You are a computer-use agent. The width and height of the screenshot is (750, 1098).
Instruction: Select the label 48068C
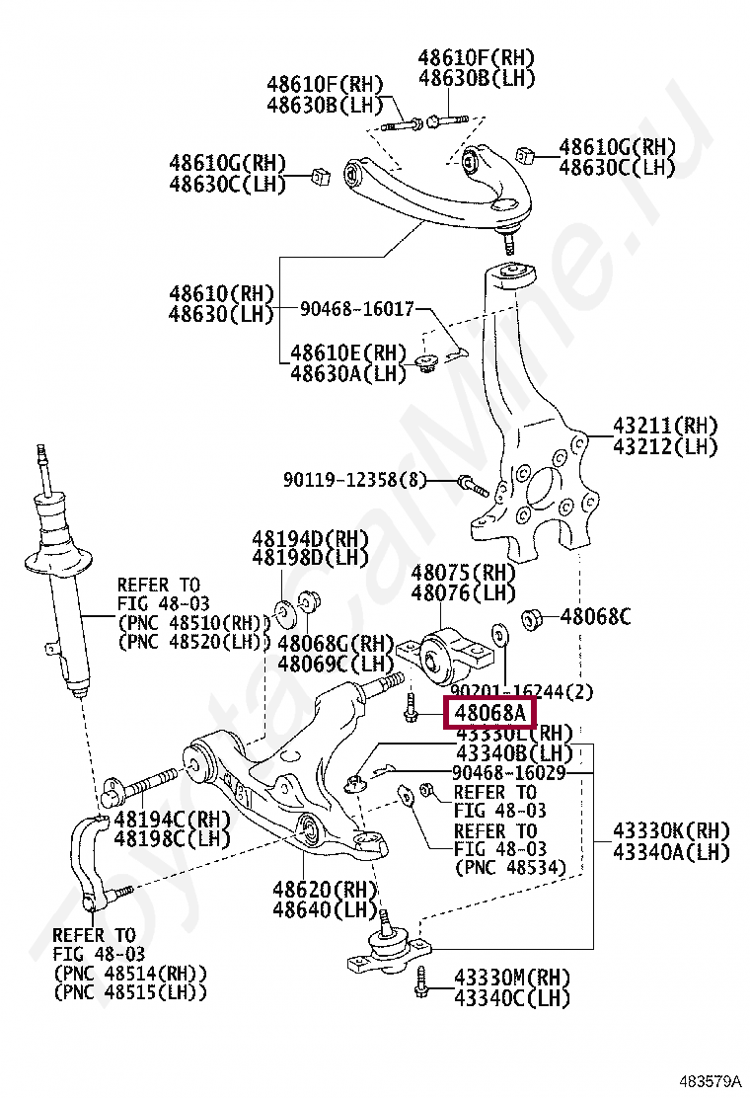pos(595,618)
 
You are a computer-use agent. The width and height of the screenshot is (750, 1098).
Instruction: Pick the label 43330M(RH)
pos(512,979)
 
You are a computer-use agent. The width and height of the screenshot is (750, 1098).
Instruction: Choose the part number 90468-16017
pos(357,309)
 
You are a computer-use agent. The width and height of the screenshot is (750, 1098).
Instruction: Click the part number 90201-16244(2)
pos(522,693)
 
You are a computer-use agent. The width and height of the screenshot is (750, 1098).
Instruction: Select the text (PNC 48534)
pos(510,867)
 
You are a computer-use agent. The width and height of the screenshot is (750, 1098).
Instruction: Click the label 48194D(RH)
pos(309,539)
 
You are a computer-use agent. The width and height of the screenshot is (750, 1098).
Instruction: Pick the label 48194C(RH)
pos(172,819)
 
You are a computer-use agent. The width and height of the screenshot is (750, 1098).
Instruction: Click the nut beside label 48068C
pos(532,619)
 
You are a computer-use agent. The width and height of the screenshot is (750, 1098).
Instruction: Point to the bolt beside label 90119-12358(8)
pos(470,484)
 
